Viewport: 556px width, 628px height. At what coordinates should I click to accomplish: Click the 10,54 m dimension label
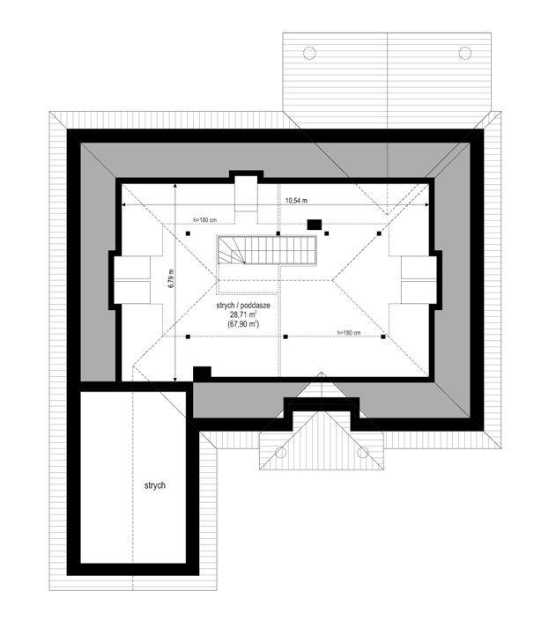pyautogui.click(x=295, y=201)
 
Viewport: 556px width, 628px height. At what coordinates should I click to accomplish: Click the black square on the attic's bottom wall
pyautogui.click(x=201, y=373)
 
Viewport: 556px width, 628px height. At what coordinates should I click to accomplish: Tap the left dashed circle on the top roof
pyautogui.click(x=309, y=53)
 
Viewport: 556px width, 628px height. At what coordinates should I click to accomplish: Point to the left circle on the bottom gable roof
pyautogui.click(x=281, y=453)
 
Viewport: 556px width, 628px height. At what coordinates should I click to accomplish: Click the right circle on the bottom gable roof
pyautogui.click(x=362, y=453)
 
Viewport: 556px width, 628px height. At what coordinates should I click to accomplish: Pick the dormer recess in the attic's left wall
pyautogui.click(x=132, y=278)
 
